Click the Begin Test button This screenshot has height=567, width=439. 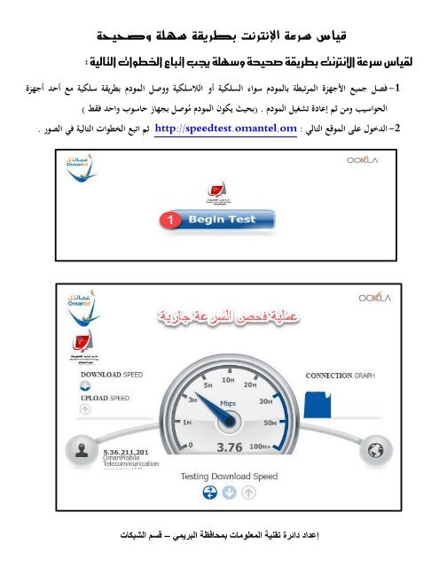pos(222,219)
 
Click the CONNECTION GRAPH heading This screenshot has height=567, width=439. pos(341,376)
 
